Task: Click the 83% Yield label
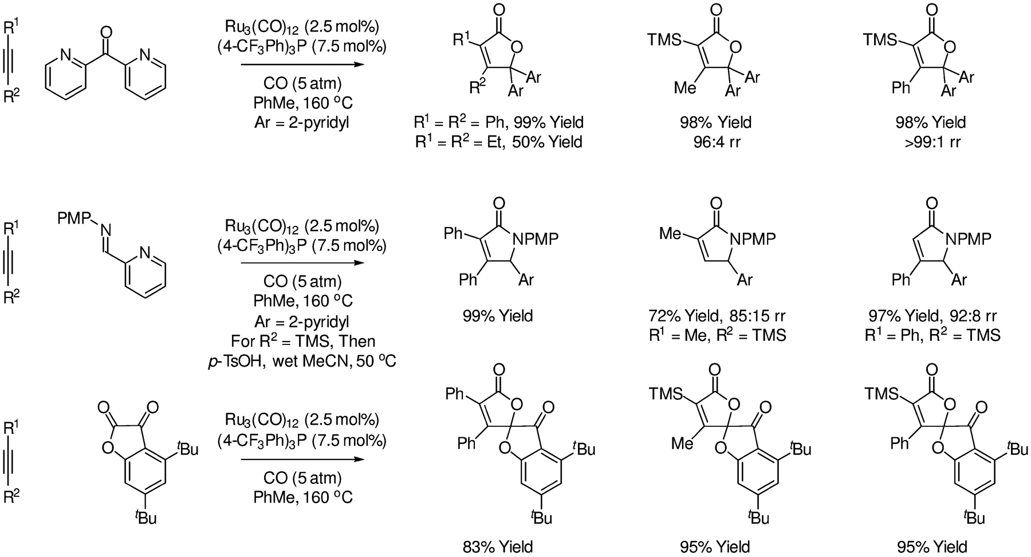point(498,546)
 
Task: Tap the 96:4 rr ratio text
point(715,141)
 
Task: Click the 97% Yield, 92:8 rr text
point(932,316)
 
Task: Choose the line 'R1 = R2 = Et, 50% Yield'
point(498,141)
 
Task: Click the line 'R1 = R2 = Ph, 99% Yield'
point(498,121)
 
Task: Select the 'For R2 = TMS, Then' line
point(303,342)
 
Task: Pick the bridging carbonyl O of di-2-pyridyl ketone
point(105,29)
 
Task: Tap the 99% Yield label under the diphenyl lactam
point(498,316)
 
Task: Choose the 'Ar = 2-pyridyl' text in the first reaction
point(302,122)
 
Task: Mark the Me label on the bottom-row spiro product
point(683,443)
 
